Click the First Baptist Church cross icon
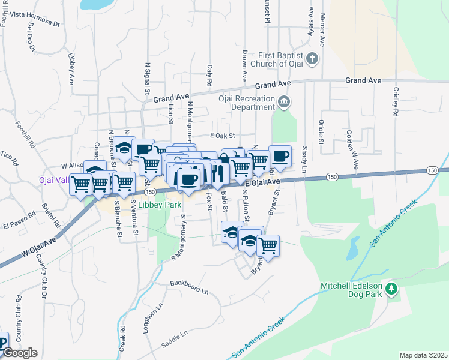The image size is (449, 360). point(311,58)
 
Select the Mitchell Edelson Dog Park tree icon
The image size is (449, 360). point(391,290)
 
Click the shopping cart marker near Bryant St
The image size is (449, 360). point(268,245)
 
